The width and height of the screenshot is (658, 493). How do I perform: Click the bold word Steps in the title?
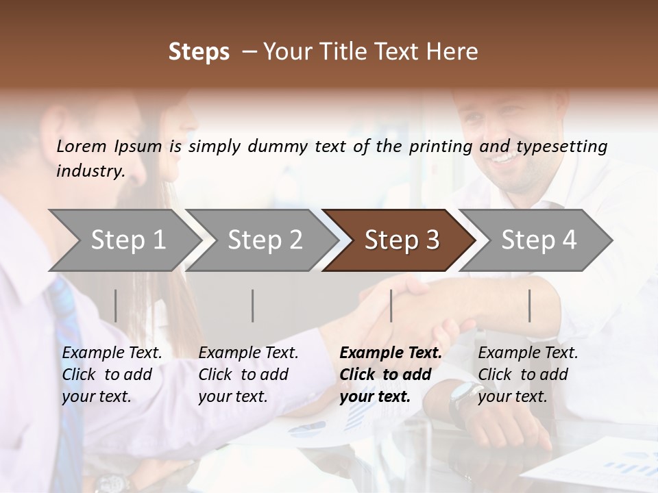click(199, 52)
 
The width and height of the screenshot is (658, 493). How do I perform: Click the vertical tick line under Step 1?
click(116, 305)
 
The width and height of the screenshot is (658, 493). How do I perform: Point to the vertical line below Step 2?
click(253, 305)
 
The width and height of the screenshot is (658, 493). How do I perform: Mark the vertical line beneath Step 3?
click(391, 305)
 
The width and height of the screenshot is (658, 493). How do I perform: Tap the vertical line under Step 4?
click(529, 305)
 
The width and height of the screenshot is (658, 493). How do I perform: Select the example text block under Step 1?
click(112, 375)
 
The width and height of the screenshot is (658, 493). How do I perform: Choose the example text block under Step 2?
click(248, 375)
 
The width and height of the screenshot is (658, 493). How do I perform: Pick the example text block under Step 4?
click(528, 375)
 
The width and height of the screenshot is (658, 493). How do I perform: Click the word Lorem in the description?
click(82, 147)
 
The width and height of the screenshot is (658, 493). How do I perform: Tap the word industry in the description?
click(90, 171)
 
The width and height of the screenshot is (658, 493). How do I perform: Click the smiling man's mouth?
click(505, 159)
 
